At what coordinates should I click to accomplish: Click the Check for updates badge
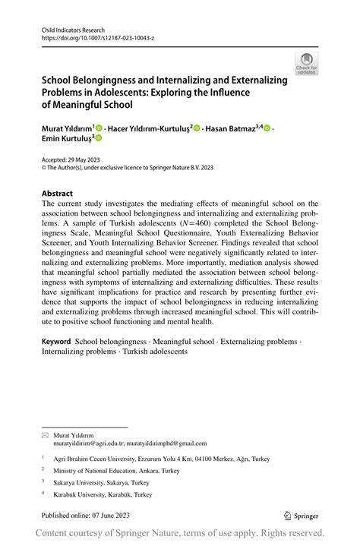307,63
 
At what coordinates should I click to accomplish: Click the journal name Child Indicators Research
74,28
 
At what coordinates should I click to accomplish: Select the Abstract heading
57,194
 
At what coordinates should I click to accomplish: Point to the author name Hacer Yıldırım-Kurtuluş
147,128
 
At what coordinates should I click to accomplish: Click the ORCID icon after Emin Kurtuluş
98,139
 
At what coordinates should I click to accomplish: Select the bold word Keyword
58,342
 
